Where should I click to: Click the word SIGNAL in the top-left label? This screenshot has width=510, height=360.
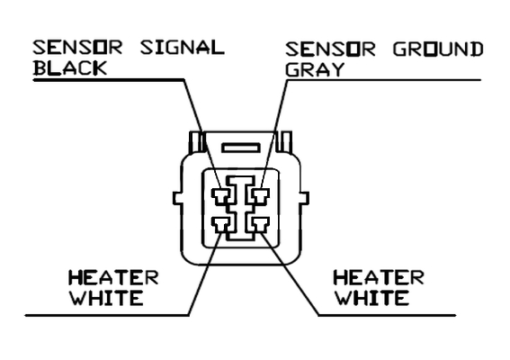point(182,48)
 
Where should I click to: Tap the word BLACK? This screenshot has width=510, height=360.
point(70,68)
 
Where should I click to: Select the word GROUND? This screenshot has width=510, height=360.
point(438,49)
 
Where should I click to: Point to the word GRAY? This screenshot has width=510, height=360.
point(315,69)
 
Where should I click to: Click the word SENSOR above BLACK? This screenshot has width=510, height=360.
point(77,48)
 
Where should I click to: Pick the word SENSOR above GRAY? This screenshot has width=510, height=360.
point(330,49)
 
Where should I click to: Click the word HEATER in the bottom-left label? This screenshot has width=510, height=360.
point(113,278)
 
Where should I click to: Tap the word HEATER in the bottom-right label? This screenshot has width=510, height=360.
point(379,278)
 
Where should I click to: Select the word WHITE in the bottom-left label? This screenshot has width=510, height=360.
point(107,298)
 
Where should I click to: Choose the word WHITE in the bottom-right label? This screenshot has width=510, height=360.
point(372,298)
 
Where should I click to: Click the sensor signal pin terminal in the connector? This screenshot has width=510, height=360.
point(221,196)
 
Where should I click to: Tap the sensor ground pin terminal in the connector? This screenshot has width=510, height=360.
point(260,196)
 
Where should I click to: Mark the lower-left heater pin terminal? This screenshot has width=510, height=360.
point(221,225)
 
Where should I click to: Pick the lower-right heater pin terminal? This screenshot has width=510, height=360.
point(260,225)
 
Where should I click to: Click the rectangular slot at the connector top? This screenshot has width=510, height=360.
point(241,148)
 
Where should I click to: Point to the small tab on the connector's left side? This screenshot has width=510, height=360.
point(177,199)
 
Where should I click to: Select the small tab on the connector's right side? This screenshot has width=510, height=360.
point(304,199)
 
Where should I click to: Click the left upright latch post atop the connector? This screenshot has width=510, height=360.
point(196,141)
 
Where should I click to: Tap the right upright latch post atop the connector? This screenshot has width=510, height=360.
point(284,141)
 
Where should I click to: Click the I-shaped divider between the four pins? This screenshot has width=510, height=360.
point(241,208)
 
